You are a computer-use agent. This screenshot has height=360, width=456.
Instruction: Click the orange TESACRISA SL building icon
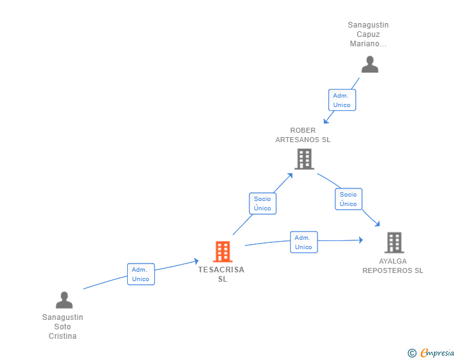pyautogui.click(x=223, y=252)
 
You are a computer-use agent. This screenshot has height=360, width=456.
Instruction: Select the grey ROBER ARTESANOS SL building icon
pyautogui.click(x=304, y=159)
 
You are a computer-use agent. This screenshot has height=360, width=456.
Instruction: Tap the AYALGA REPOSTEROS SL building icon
pyautogui.click(x=395, y=242)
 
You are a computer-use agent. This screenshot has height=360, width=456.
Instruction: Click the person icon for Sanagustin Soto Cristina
pyautogui.click(x=65, y=300)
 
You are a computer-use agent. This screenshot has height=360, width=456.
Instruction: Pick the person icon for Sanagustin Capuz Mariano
pyautogui.click(x=370, y=64)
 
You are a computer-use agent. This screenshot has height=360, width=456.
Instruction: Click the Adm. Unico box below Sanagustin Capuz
pyautogui.click(x=342, y=100)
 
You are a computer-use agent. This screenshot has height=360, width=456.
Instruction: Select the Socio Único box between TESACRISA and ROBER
pyautogui.click(x=262, y=203)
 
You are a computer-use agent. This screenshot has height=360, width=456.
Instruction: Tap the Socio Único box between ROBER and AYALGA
pyautogui.click(x=348, y=199)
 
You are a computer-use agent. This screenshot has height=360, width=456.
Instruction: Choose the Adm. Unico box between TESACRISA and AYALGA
pyautogui.click(x=304, y=242)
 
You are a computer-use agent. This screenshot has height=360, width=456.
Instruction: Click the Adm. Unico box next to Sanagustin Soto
pyautogui.click(x=141, y=274)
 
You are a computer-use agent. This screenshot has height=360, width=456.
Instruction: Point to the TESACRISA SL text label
pyautogui.click(x=222, y=274)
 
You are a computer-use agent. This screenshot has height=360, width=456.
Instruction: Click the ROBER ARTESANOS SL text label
pyautogui.click(x=303, y=135)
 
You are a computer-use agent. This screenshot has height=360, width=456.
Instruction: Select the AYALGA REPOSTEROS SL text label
pyautogui.click(x=393, y=266)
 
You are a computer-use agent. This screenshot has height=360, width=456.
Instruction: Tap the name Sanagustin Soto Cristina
pyautogui.click(x=63, y=327)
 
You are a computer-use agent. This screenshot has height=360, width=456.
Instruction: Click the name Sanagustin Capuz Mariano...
pyautogui.click(x=368, y=34)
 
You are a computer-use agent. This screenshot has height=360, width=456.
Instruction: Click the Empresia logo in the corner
pyautogui.click(x=437, y=352)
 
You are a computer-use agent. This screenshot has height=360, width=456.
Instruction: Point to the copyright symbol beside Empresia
pyautogui.click(x=412, y=353)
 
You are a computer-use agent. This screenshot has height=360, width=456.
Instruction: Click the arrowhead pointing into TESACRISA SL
pyautogui.click(x=196, y=261)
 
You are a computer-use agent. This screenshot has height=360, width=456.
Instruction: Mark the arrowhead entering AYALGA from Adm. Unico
pyautogui.click(x=361, y=240)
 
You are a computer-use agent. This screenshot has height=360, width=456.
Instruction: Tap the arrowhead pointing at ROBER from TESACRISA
pyautogui.click(x=289, y=176)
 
